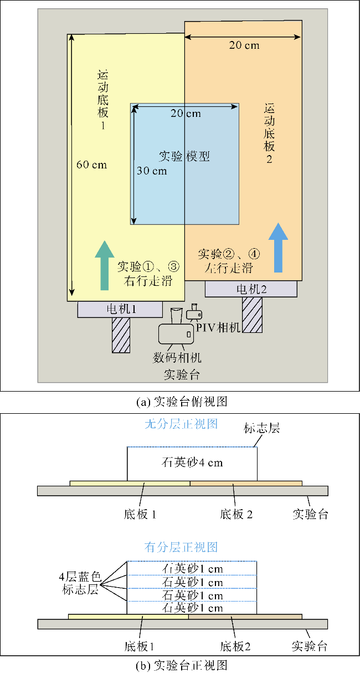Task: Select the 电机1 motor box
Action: [119, 309]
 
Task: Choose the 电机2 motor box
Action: [251, 289]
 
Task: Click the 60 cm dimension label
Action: [92, 165]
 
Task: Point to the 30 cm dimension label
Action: [152, 171]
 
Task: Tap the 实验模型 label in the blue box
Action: [184, 156]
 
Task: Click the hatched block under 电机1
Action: [121, 335]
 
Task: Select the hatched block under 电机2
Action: [252, 315]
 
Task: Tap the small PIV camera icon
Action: [194, 314]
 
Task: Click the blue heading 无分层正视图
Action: [181, 424]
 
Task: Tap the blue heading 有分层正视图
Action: [181, 547]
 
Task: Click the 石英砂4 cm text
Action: [192, 463]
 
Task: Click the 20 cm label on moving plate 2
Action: [244, 45]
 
